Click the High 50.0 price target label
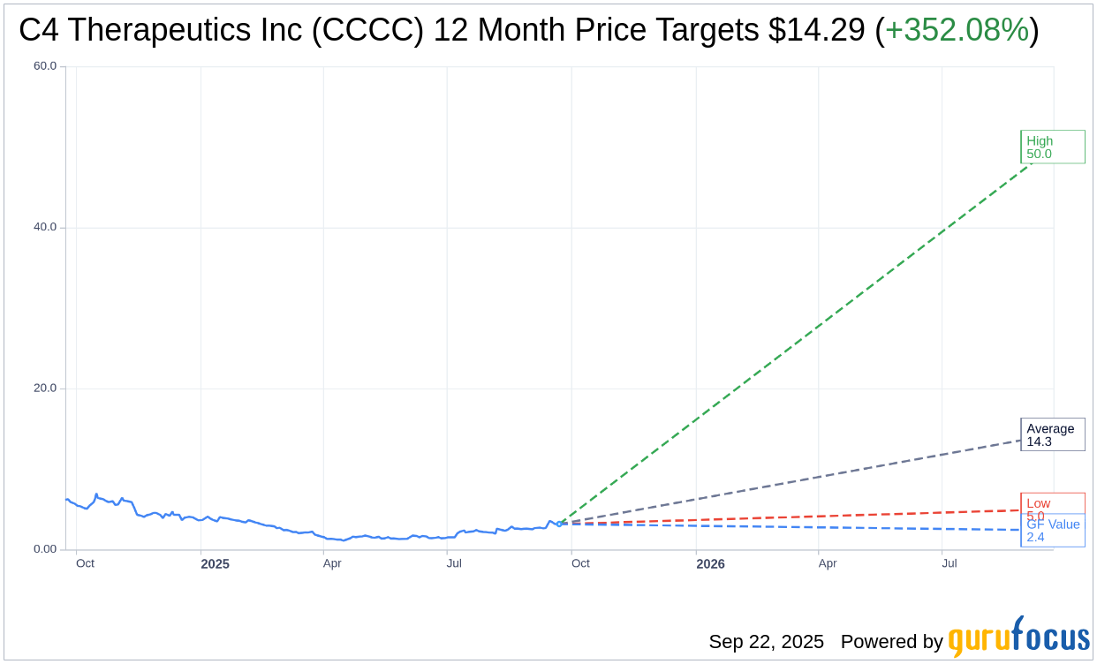pyautogui.click(x=1052, y=147)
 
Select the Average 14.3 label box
pyautogui.click(x=1052, y=434)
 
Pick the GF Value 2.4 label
pyautogui.click(x=1053, y=531)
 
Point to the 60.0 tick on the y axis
pyautogui.click(x=44, y=65)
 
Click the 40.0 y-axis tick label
pyautogui.click(x=44, y=227)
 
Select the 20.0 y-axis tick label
pyautogui.click(x=44, y=388)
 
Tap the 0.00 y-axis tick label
pyautogui.click(x=44, y=549)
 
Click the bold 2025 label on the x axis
pyautogui.click(x=215, y=563)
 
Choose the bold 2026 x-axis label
pyautogui.click(x=710, y=563)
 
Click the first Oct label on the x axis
pyautogui.click(x=85, y=563)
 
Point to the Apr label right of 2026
pyautogui.click(x=828, y=563)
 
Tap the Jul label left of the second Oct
pyautogui.click(x=454, y=563)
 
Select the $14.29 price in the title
pyautogui.click(x=816, y=30)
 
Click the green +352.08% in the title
pyautogui.click(x=957, y=30)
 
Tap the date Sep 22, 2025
pyautogui.click(x=766, y=642)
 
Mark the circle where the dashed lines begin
pyautogui.click(x=559, y=524)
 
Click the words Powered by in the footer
pyautogui.click(x=891, y=642)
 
